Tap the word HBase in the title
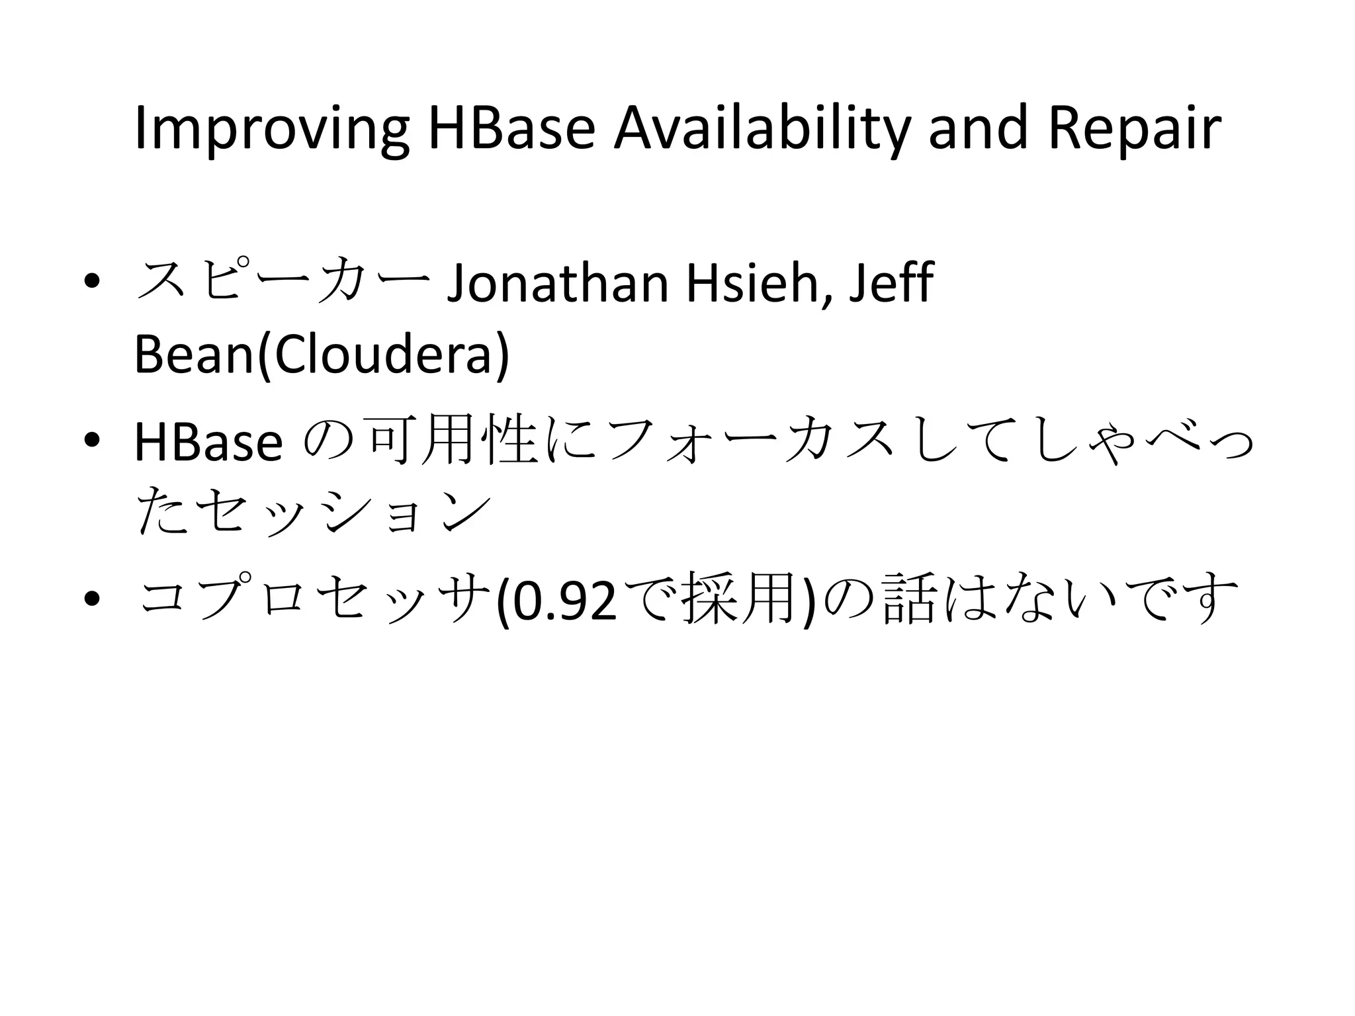click(x=512, y=128)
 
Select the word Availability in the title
click(x=762, y=130)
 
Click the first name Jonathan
click(x=558, y=284)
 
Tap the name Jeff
click(x=891, y=282)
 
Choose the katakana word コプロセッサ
click(x=315, y=599)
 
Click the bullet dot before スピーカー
click(x=92, y=282)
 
